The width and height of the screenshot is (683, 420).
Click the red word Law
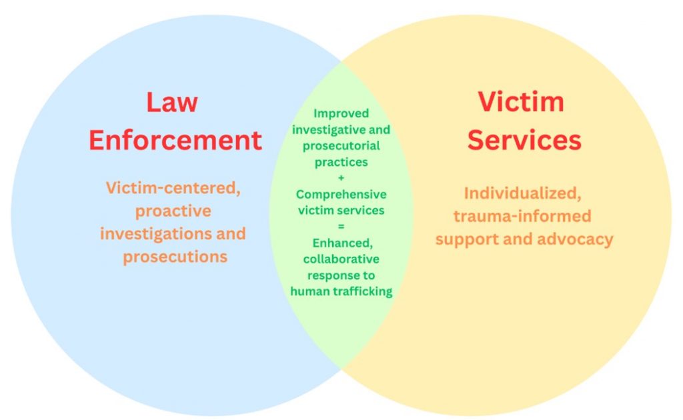172,103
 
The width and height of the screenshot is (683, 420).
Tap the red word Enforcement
175,141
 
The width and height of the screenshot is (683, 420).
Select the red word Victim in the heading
521,102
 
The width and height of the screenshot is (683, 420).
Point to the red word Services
524,141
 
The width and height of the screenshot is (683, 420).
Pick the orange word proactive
173,211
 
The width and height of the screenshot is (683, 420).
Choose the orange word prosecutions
175,257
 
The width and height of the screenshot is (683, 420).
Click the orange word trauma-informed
522,216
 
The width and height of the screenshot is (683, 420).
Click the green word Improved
341,113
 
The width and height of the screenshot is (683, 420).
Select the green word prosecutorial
341,145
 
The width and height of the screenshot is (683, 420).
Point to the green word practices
341,161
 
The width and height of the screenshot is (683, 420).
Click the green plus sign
341,178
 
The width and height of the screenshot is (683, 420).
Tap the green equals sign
341,227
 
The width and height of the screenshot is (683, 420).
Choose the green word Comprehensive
341,195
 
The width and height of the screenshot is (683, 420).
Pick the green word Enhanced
341,243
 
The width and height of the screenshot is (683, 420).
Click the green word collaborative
341,259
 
